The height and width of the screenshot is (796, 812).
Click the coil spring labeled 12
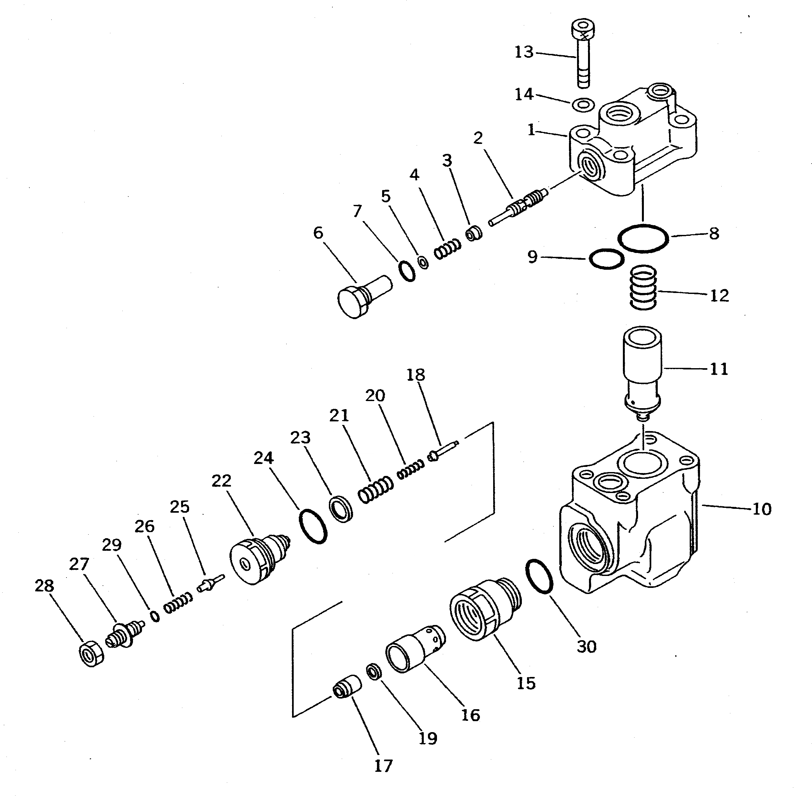pos(644,288)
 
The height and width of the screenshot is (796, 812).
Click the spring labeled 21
pos(375,490)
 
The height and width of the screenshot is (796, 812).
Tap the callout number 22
pos(221,481)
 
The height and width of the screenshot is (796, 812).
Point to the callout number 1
pos(531,130)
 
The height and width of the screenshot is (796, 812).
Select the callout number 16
pos(471,715)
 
